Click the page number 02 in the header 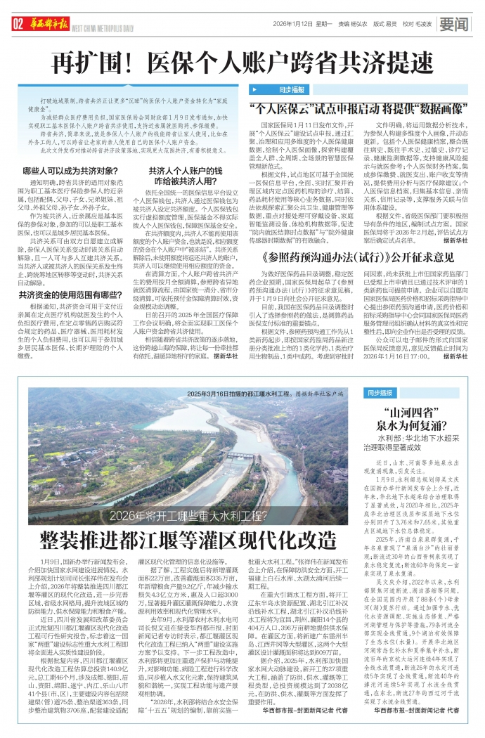[18, 25]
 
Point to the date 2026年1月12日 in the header [292, 25]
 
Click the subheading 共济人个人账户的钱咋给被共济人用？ [184, 176]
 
